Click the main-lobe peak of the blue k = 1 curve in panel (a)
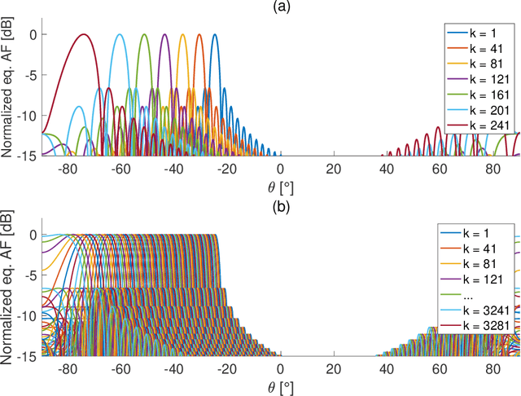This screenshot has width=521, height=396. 214,34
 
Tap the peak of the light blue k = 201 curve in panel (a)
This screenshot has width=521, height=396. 120,34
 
